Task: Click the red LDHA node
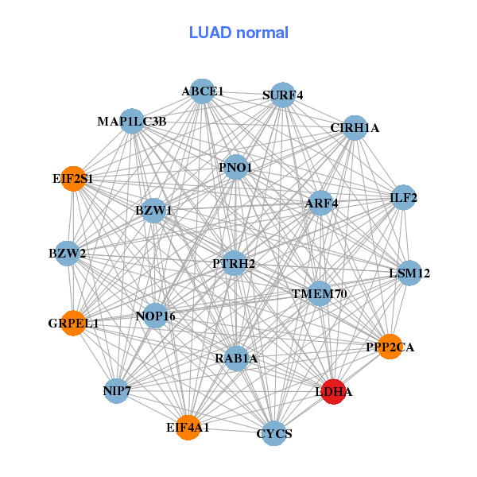point(333,392)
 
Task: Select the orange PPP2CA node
point(389,347)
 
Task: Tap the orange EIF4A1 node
point(188,427)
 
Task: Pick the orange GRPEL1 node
point(72,323)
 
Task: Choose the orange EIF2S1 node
point(73,179)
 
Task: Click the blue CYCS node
point(274,433)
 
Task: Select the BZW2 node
point(67,254)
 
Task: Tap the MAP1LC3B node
point(132,122)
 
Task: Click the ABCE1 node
point(202,91)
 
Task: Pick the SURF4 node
point(283,95)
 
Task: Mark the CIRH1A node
point(355,127)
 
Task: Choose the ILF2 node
point(404,197)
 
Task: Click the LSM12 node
point(409,273)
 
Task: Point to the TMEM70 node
point(320,294)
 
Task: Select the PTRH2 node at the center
point(234,262)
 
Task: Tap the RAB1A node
point(236,359)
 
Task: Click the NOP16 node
point(155,316)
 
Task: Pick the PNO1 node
point(235,167)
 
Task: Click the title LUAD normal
point(238,33)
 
